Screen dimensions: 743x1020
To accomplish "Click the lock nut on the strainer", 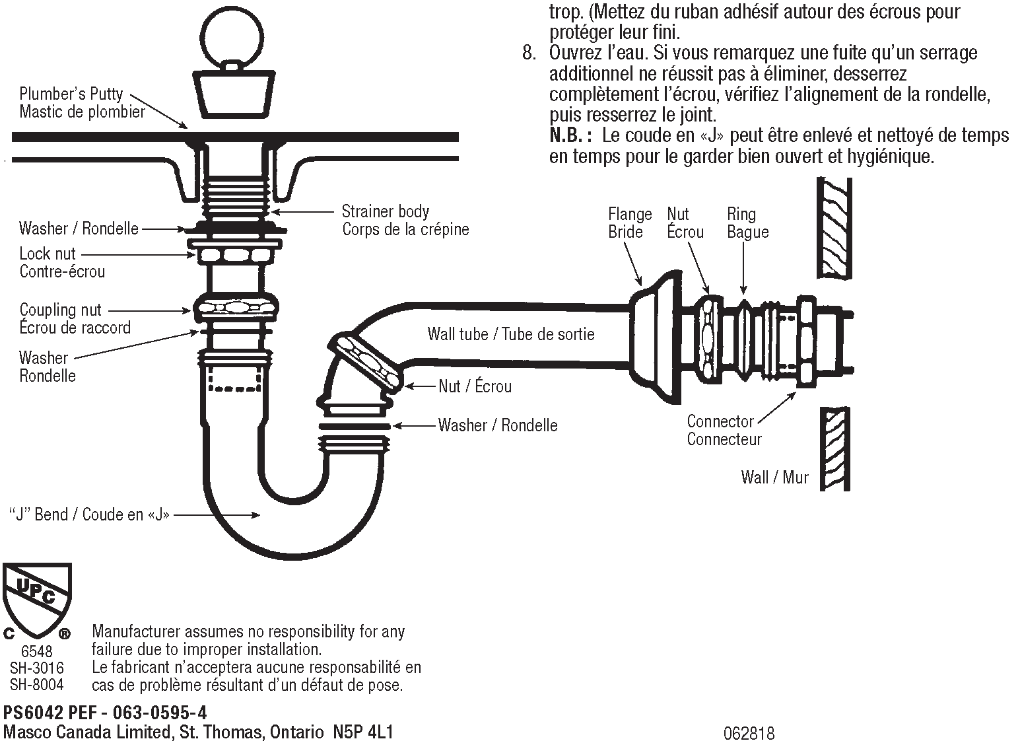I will click(232, 254).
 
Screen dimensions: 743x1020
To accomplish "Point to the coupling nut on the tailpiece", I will click(234, 308).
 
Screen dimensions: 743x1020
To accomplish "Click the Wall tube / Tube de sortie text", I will click(510, 334).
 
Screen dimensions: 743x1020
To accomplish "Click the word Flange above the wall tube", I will click(629, 214).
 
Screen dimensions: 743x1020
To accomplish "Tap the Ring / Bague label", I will click(747, 223).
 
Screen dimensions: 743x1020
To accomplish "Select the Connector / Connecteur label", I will click(724, 430).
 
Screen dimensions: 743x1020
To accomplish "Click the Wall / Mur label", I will click(774, 477).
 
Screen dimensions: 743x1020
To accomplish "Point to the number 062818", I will click(749, 733).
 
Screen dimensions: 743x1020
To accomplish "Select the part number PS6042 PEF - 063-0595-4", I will click(105, 713).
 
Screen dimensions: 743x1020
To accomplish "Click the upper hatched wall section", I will click(834, 227).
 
